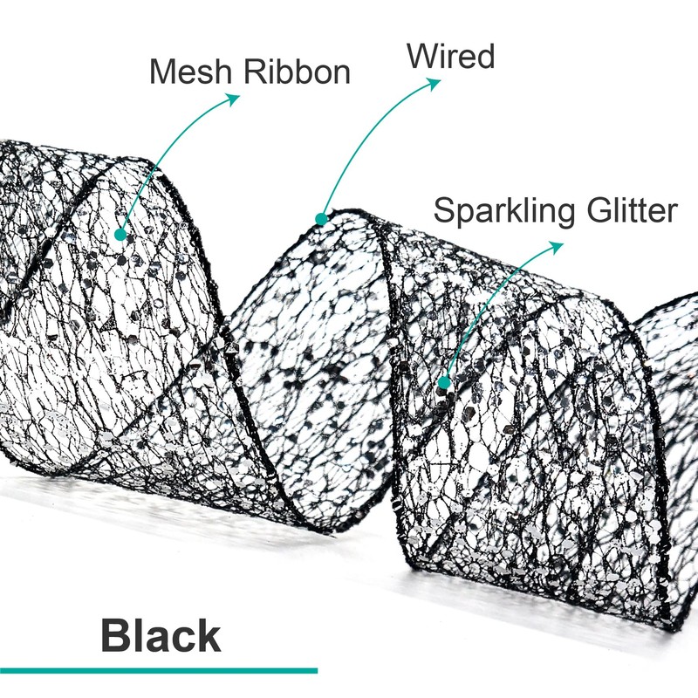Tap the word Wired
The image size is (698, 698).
coord(450,57)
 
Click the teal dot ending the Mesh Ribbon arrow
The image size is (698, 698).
coord(120,234)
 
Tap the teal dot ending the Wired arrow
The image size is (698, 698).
coord(321,218)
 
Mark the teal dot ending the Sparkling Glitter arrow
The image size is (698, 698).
coord(444,382)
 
